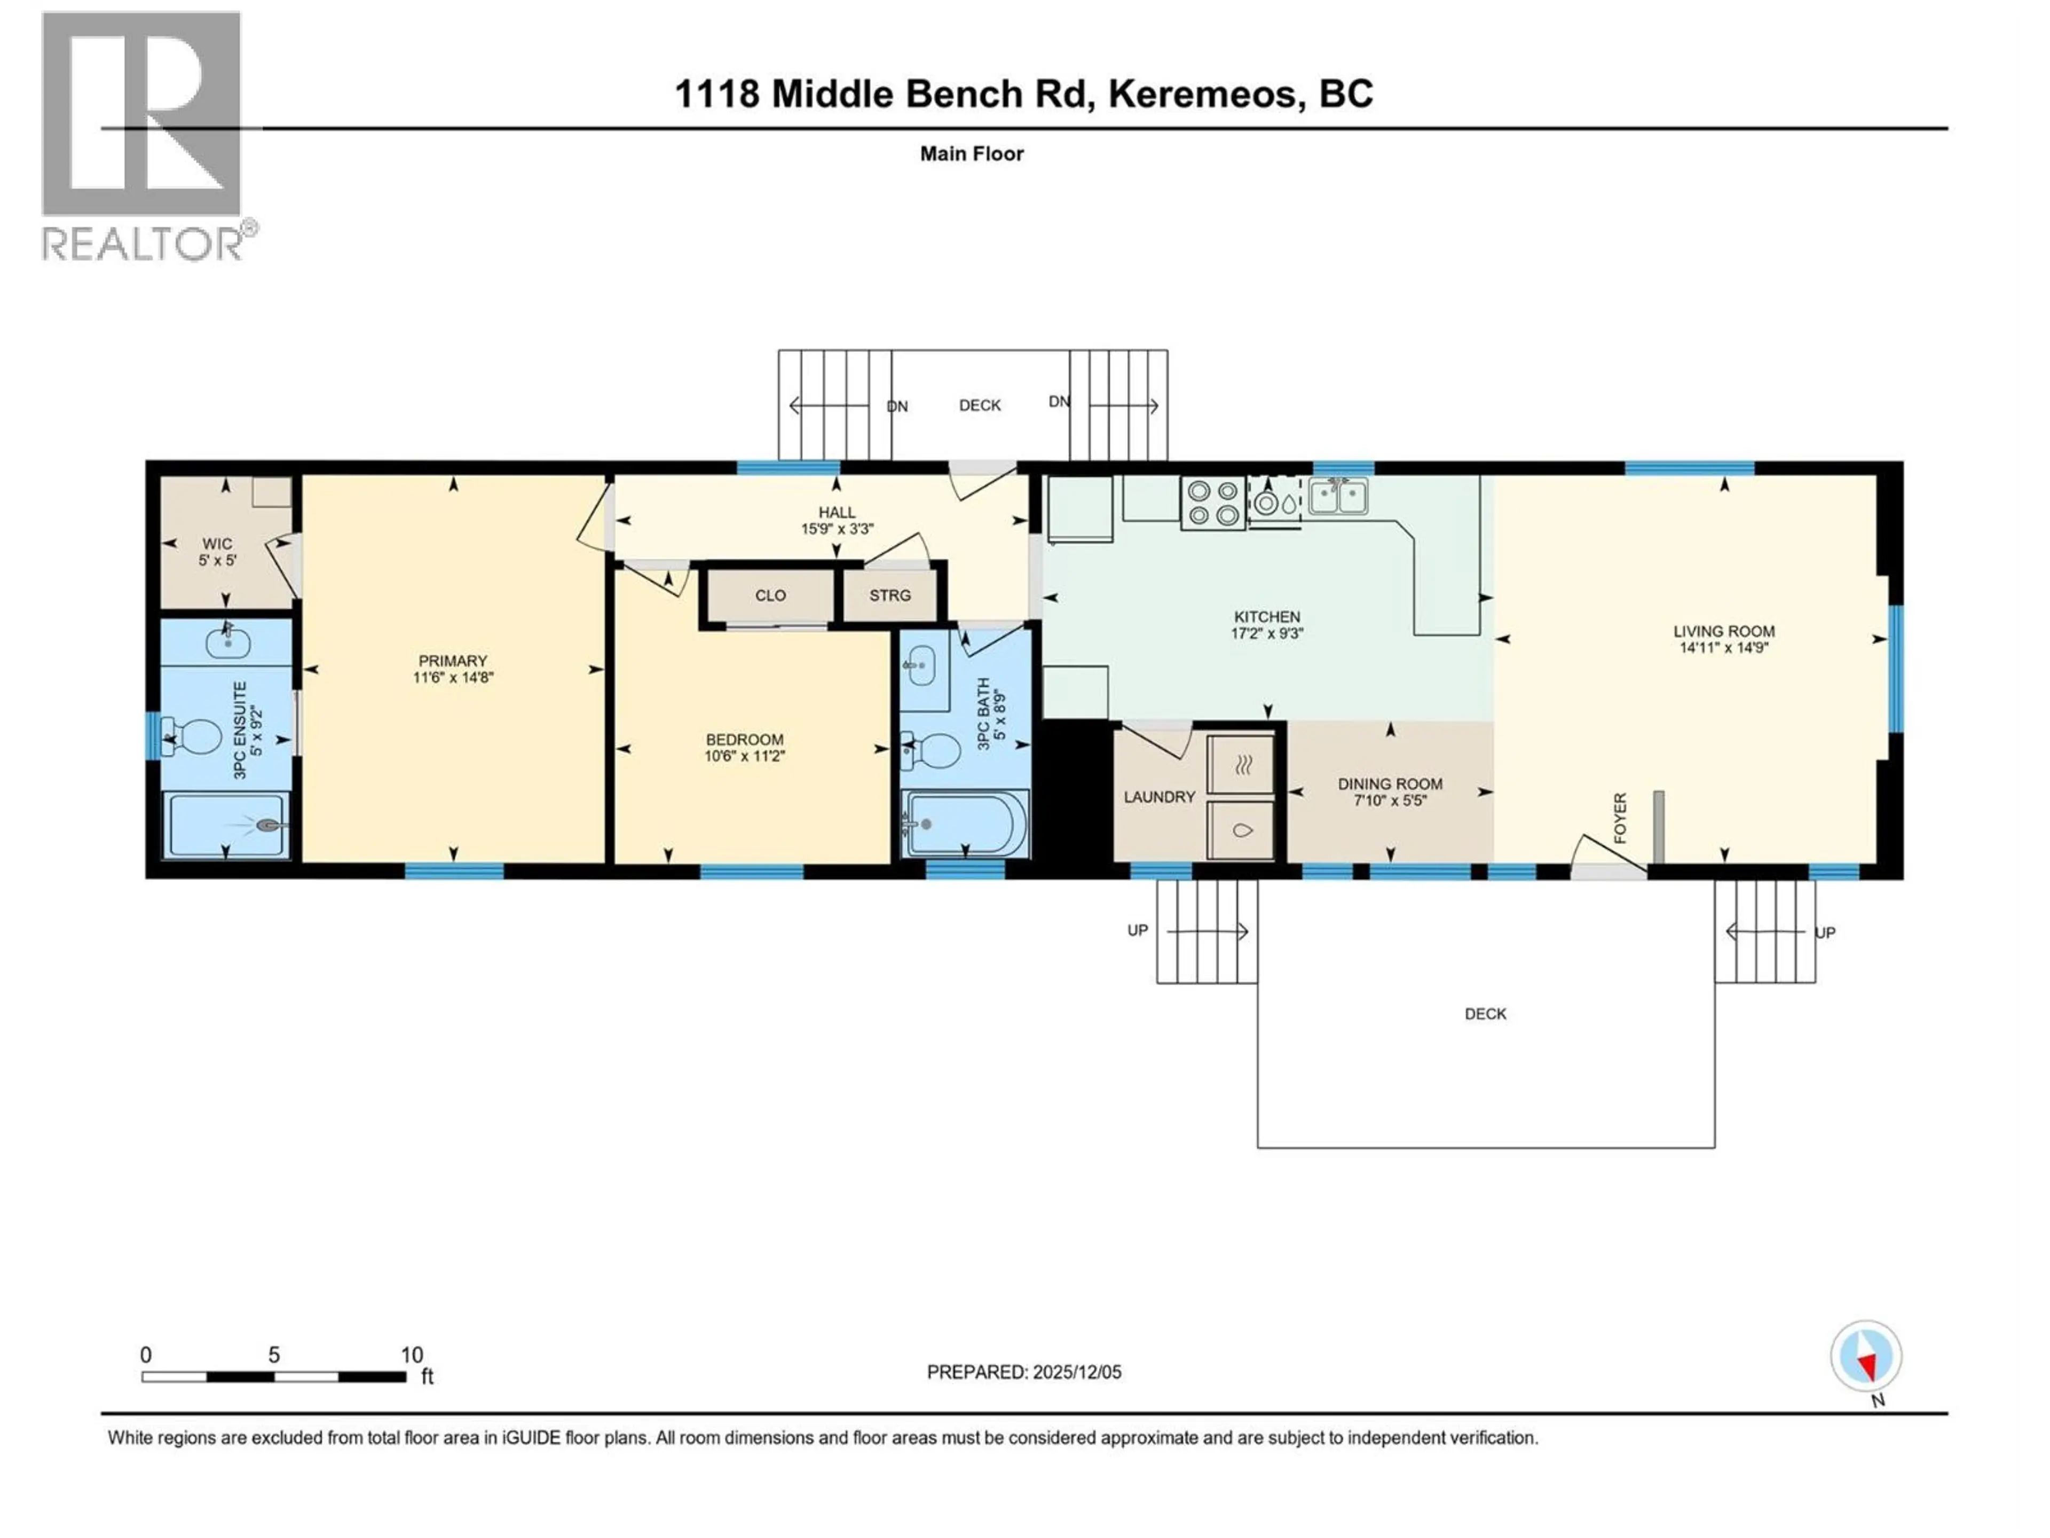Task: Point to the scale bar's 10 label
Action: point(412,1354)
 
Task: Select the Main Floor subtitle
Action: point(971,154)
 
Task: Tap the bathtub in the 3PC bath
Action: point(965,823)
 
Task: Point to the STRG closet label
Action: point(890,595)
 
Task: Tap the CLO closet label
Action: point(770,595)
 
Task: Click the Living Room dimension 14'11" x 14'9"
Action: point(1724,648)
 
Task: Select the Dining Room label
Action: point(1389,784)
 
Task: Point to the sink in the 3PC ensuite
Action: point(227,641)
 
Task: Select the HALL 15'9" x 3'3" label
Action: point(837,521)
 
